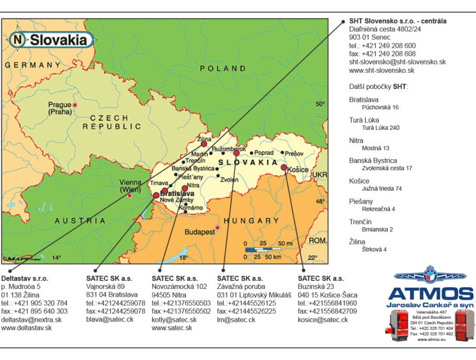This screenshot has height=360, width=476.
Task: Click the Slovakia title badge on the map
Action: pos(51,40)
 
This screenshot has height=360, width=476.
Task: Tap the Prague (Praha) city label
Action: pos(59,108)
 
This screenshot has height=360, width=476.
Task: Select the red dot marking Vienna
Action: pos(130,196)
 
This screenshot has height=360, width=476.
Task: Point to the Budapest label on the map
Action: pos(197,231)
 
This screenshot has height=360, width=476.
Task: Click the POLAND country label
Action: pos(223,69)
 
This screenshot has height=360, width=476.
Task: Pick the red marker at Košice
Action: pos(284,167)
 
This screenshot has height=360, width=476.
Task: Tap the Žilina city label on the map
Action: pos(205,139)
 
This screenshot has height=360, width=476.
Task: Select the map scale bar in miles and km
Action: pos(269,250)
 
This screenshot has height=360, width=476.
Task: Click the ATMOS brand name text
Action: pos(430,294)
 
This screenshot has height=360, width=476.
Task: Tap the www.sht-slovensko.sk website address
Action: pos(381,70)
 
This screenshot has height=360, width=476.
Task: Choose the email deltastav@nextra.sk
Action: pos(31,320)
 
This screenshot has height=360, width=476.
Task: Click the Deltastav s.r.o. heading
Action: pos(25,278)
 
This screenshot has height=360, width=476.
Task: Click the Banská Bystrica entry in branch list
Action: pos(373,161)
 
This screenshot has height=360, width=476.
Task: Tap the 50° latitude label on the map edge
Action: pos(320,104)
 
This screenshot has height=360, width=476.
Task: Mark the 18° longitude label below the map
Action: pos(183,257)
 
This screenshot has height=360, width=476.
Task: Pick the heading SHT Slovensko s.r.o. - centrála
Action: pos(398,21)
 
